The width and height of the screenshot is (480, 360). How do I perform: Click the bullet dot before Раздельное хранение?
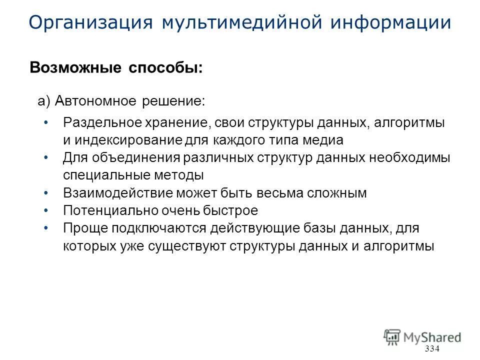46,122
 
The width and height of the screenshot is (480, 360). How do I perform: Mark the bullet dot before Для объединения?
46,157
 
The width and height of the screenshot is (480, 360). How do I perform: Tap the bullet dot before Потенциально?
46,210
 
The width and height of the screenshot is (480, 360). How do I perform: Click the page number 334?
431,348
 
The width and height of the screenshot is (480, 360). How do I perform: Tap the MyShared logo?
422,336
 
